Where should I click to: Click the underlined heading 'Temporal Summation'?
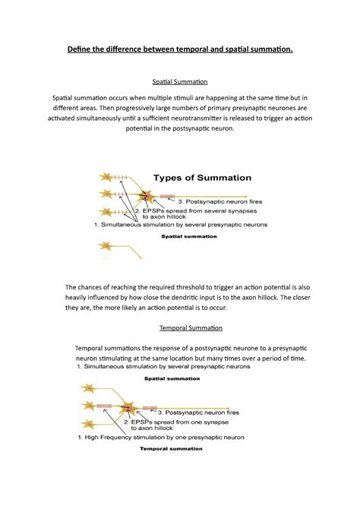click(180, 328)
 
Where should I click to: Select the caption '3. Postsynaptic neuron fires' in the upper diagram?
click(220, 201)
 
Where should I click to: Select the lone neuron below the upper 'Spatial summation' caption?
click(104, 246)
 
